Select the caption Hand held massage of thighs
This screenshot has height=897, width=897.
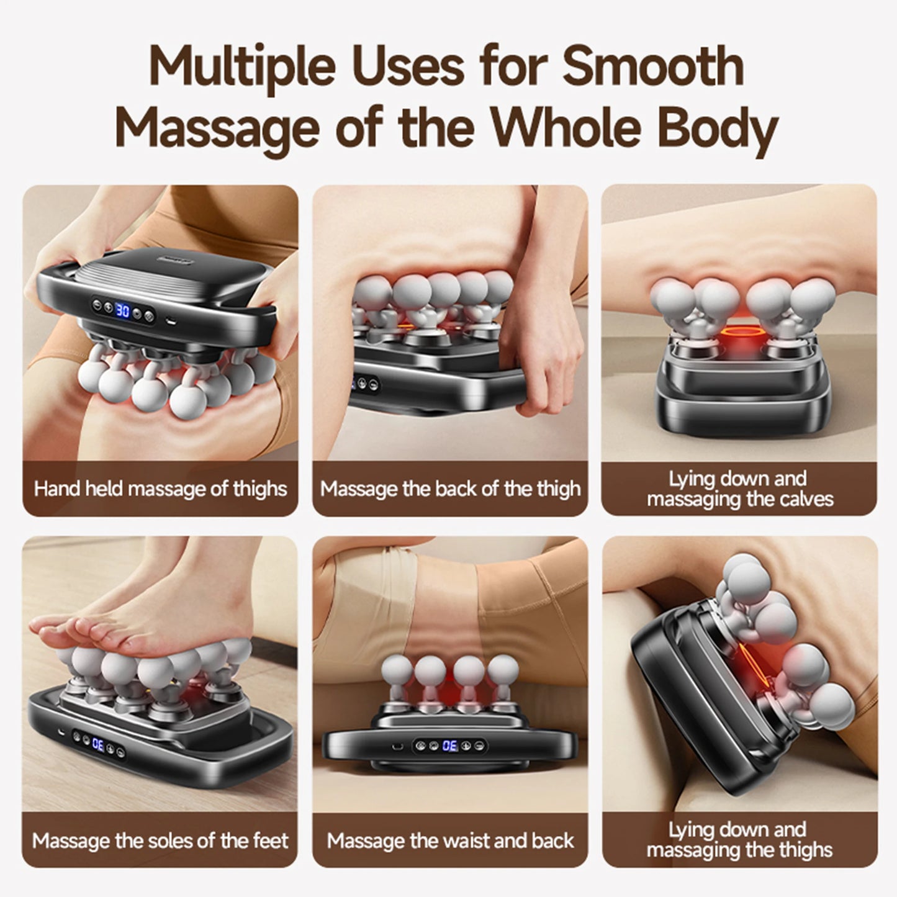[160, 489]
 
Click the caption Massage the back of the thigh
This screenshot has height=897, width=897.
[450, 489]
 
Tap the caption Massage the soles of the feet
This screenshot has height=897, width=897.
[160, 841]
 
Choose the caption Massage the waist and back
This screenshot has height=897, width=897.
[450, 841]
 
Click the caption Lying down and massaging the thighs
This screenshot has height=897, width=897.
[739, 839]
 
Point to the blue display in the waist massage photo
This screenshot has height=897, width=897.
[450, 746]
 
